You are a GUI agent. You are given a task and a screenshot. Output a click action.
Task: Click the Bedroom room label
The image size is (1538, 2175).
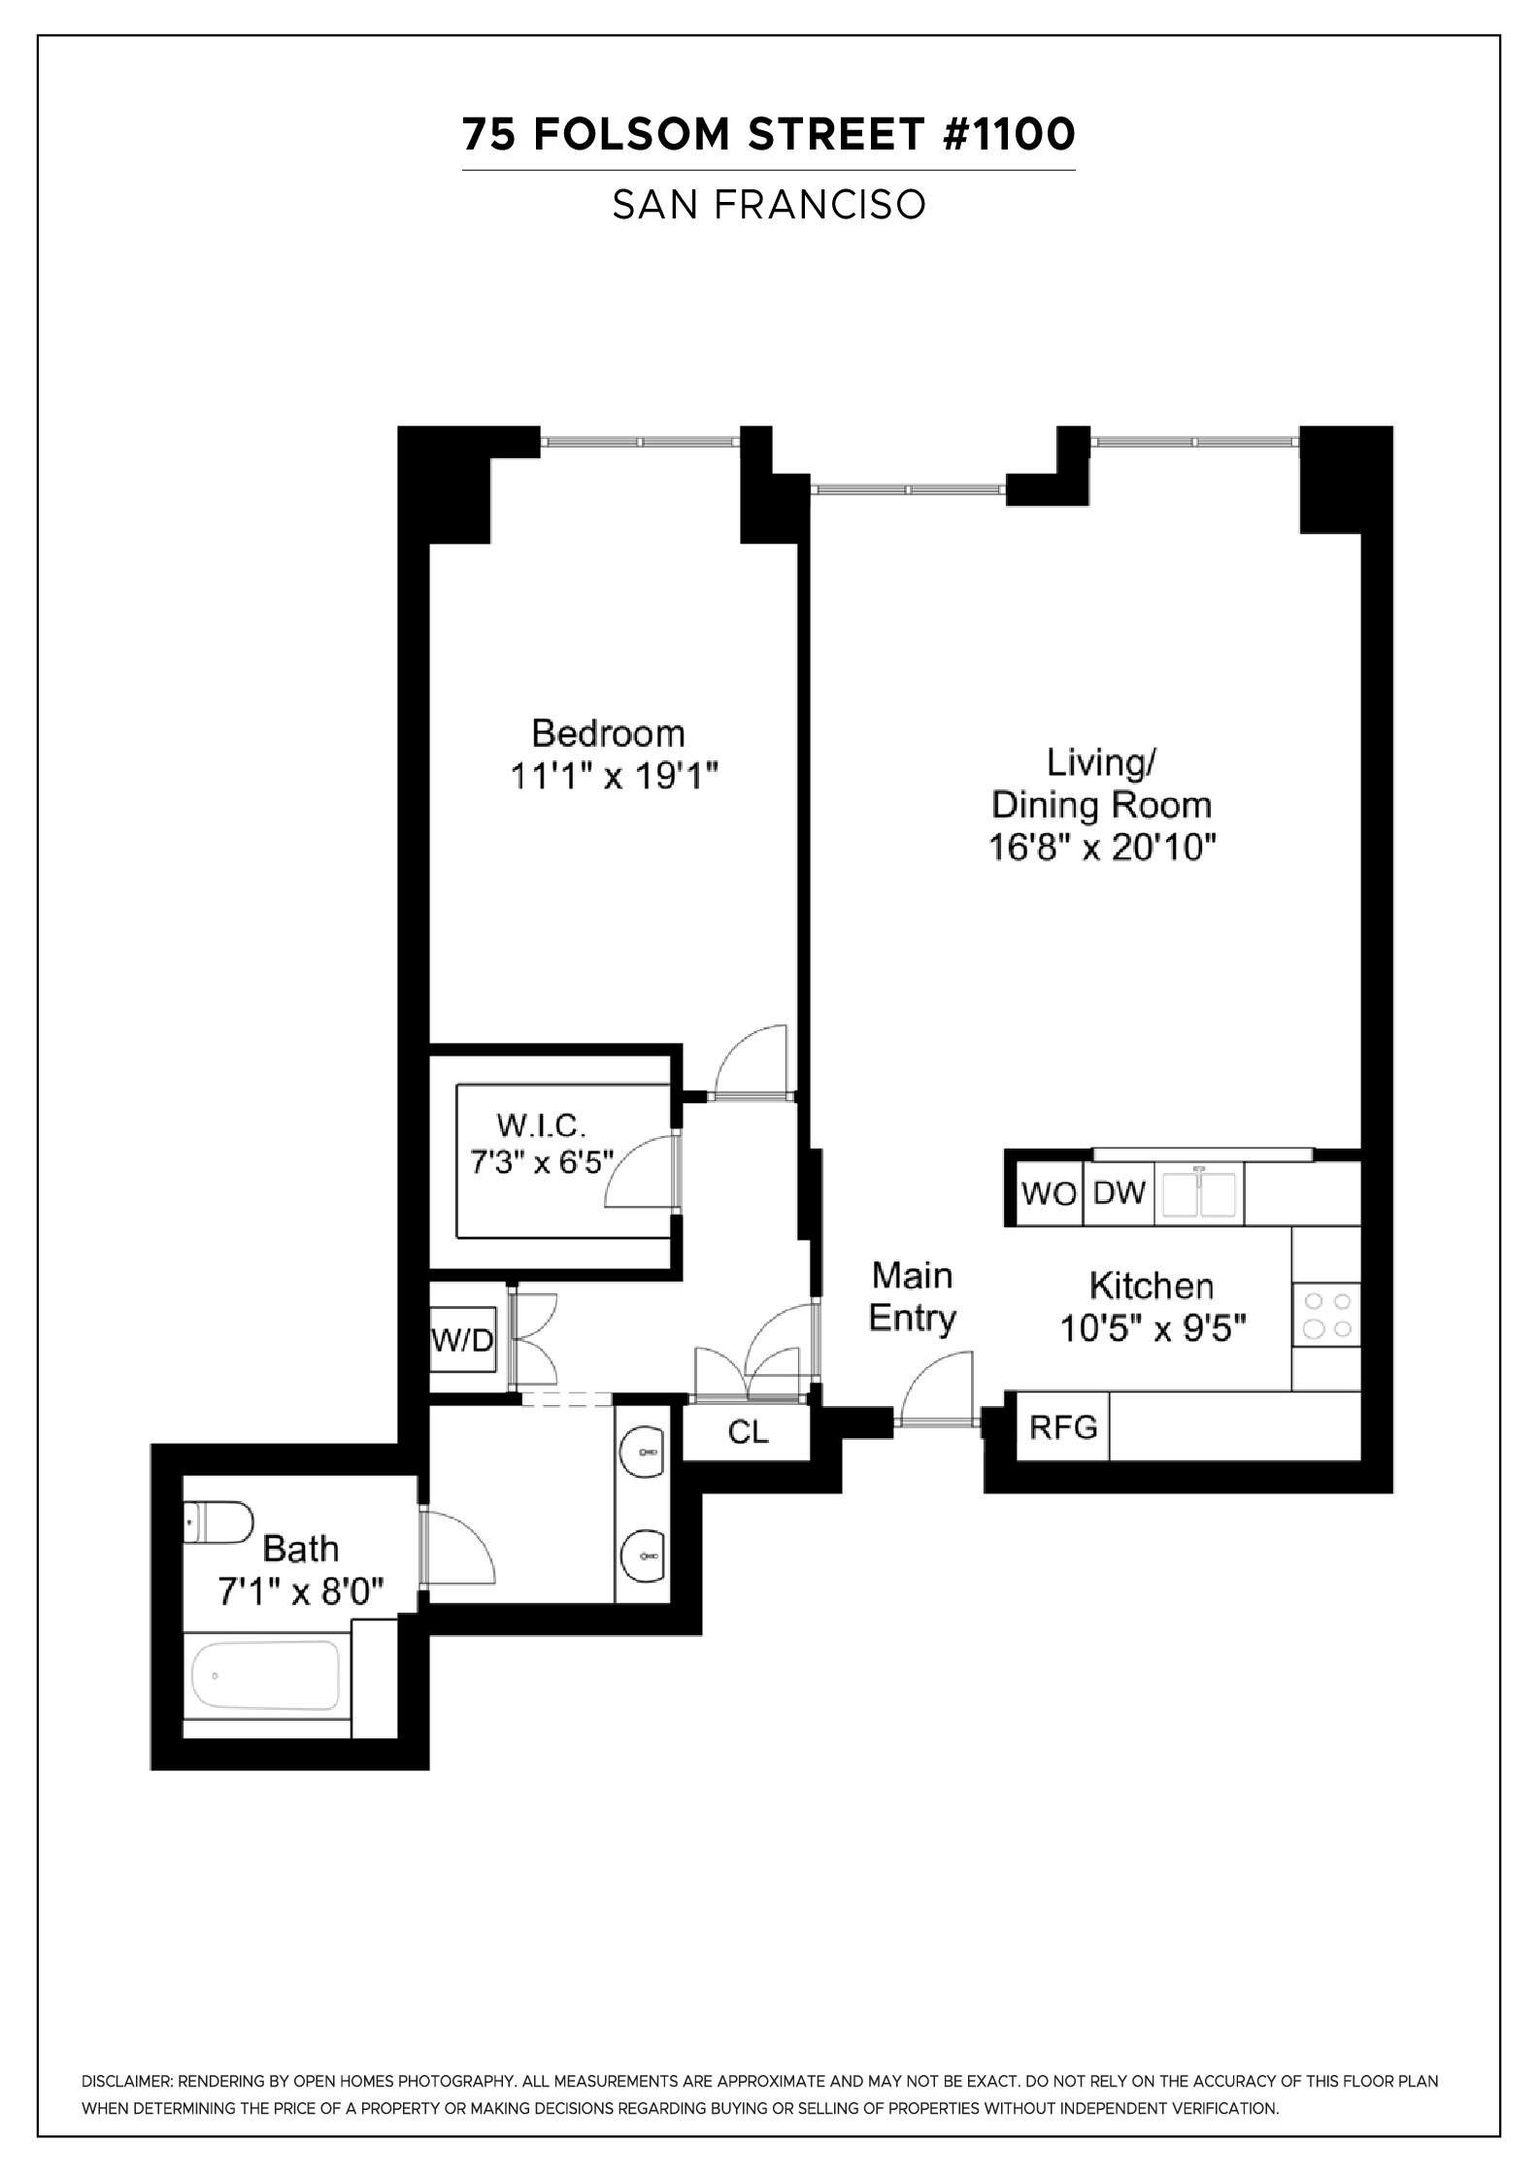click(x=608, y=733)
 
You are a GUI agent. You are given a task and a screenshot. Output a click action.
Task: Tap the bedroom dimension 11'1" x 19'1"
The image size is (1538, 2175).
click(x=614, y=777)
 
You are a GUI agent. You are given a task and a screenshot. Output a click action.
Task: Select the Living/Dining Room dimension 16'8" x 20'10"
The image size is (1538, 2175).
click(x=1102, y=848)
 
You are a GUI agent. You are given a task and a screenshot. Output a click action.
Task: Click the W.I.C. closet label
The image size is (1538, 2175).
click(x=541, y=1125)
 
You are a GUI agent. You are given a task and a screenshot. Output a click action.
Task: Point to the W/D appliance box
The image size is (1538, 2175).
click(x=463, y=1341)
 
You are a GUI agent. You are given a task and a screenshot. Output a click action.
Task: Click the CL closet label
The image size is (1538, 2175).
click(x=748, y=1432)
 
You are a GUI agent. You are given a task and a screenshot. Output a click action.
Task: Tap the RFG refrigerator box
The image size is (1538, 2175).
click(x=1063, y=1426)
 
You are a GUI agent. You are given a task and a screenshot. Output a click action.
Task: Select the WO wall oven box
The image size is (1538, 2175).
click(x=1050, y=1193)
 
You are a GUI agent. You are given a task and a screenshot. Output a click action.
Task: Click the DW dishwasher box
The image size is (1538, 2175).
click(x=1120, y=1192)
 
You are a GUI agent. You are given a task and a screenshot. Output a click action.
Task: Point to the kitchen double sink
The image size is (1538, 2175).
click(x=1201, y=1194)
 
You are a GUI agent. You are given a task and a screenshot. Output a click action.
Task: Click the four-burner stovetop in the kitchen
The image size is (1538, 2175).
click(x=1327, y=1315)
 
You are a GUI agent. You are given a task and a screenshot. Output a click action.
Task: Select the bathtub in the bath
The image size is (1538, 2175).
click(x=266, y=1675)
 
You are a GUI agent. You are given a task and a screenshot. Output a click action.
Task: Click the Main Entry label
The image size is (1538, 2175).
click(x=912, y=1297)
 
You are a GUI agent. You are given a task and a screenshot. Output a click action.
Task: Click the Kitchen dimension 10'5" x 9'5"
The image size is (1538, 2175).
click(x=1153, y=1327)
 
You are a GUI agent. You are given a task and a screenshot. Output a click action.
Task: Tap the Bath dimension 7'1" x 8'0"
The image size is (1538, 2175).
click(x=301, y=1592)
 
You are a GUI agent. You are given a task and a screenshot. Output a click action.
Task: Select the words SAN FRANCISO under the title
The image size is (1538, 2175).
click(x=769, y=205)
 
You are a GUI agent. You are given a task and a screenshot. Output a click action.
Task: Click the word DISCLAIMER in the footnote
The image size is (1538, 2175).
click(x=127, y=2081)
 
